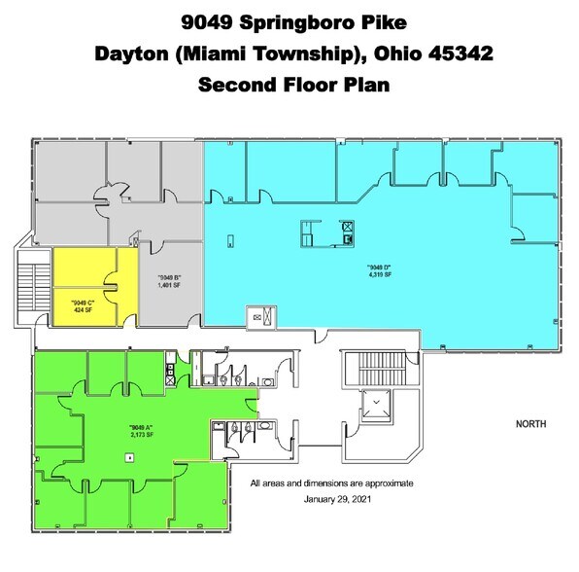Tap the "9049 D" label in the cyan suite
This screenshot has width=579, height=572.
379,267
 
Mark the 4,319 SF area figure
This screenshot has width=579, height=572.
379,275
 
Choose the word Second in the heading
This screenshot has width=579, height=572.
237,84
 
